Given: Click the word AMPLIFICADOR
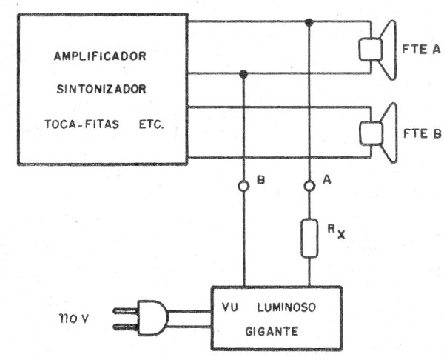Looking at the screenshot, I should point(101,56).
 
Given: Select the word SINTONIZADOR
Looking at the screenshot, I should point(101,90).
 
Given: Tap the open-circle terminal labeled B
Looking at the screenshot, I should point(243,187).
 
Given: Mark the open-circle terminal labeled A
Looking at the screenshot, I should point(309,187).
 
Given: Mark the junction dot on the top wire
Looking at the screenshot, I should point(309,22).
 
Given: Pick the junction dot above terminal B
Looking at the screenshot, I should point(243,73).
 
